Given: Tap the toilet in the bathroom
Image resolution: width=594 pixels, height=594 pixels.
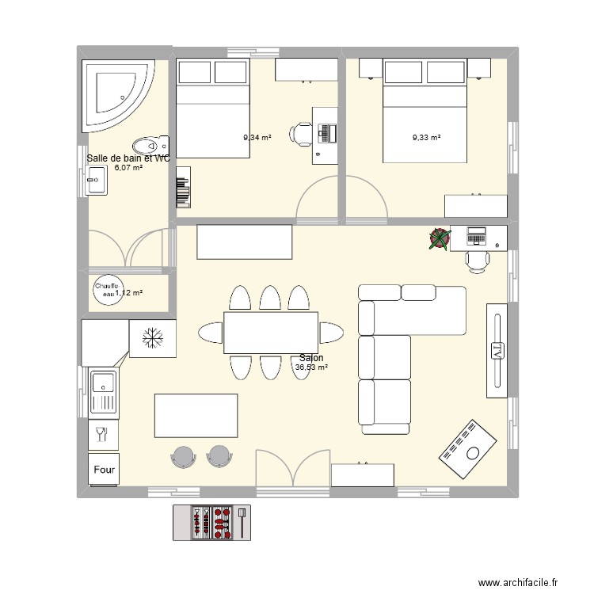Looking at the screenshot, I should pos(150,146).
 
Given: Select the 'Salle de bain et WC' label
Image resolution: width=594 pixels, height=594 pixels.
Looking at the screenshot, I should pos(128,158).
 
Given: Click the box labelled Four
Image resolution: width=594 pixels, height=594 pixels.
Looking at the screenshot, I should pos(104,470).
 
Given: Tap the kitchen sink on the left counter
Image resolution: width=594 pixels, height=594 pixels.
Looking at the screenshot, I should pos(103,393).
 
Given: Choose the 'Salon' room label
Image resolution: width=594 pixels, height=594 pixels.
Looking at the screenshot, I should pos(311,358).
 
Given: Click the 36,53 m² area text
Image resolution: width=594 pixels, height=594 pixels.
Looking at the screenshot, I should pos(311,367).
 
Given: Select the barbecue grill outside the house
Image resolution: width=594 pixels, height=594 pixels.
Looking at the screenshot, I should pos(211,523).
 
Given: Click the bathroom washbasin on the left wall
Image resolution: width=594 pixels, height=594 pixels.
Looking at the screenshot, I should pos(95,184).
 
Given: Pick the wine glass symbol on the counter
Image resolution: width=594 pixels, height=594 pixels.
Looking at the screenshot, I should pos(101,433).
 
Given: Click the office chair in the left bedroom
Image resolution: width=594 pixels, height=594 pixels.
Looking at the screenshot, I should pos(302,134).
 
